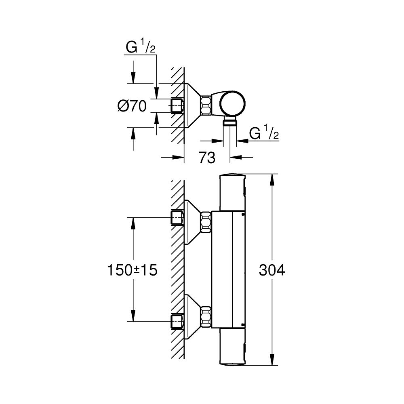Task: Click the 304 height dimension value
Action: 271,270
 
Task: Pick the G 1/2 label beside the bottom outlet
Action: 265,133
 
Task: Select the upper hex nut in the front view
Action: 206,223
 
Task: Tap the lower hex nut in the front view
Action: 206,316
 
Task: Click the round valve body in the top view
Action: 233,104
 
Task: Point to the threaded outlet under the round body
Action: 230,122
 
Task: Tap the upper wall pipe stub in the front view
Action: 177,217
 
